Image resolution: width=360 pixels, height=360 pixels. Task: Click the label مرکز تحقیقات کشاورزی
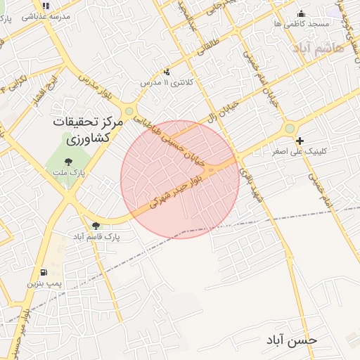tap(89, 130)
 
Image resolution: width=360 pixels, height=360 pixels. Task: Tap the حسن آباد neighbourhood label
tap(291, 340)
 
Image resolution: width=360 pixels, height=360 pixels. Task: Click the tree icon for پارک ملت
tap(67, 162)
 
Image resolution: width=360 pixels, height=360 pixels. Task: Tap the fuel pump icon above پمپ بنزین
tap(44, 272)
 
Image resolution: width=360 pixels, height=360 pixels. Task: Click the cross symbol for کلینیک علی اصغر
tap(300, 141)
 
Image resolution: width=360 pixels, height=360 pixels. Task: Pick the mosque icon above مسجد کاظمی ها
tap(302, 13)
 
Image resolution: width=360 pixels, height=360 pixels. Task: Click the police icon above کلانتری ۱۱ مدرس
tap(167, 72)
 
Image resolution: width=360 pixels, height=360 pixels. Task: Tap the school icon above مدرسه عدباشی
tap(46, 6)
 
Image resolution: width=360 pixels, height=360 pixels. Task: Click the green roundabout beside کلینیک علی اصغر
tap(289, 129)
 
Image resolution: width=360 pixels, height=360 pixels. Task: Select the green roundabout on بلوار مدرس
tap(129, 111)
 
